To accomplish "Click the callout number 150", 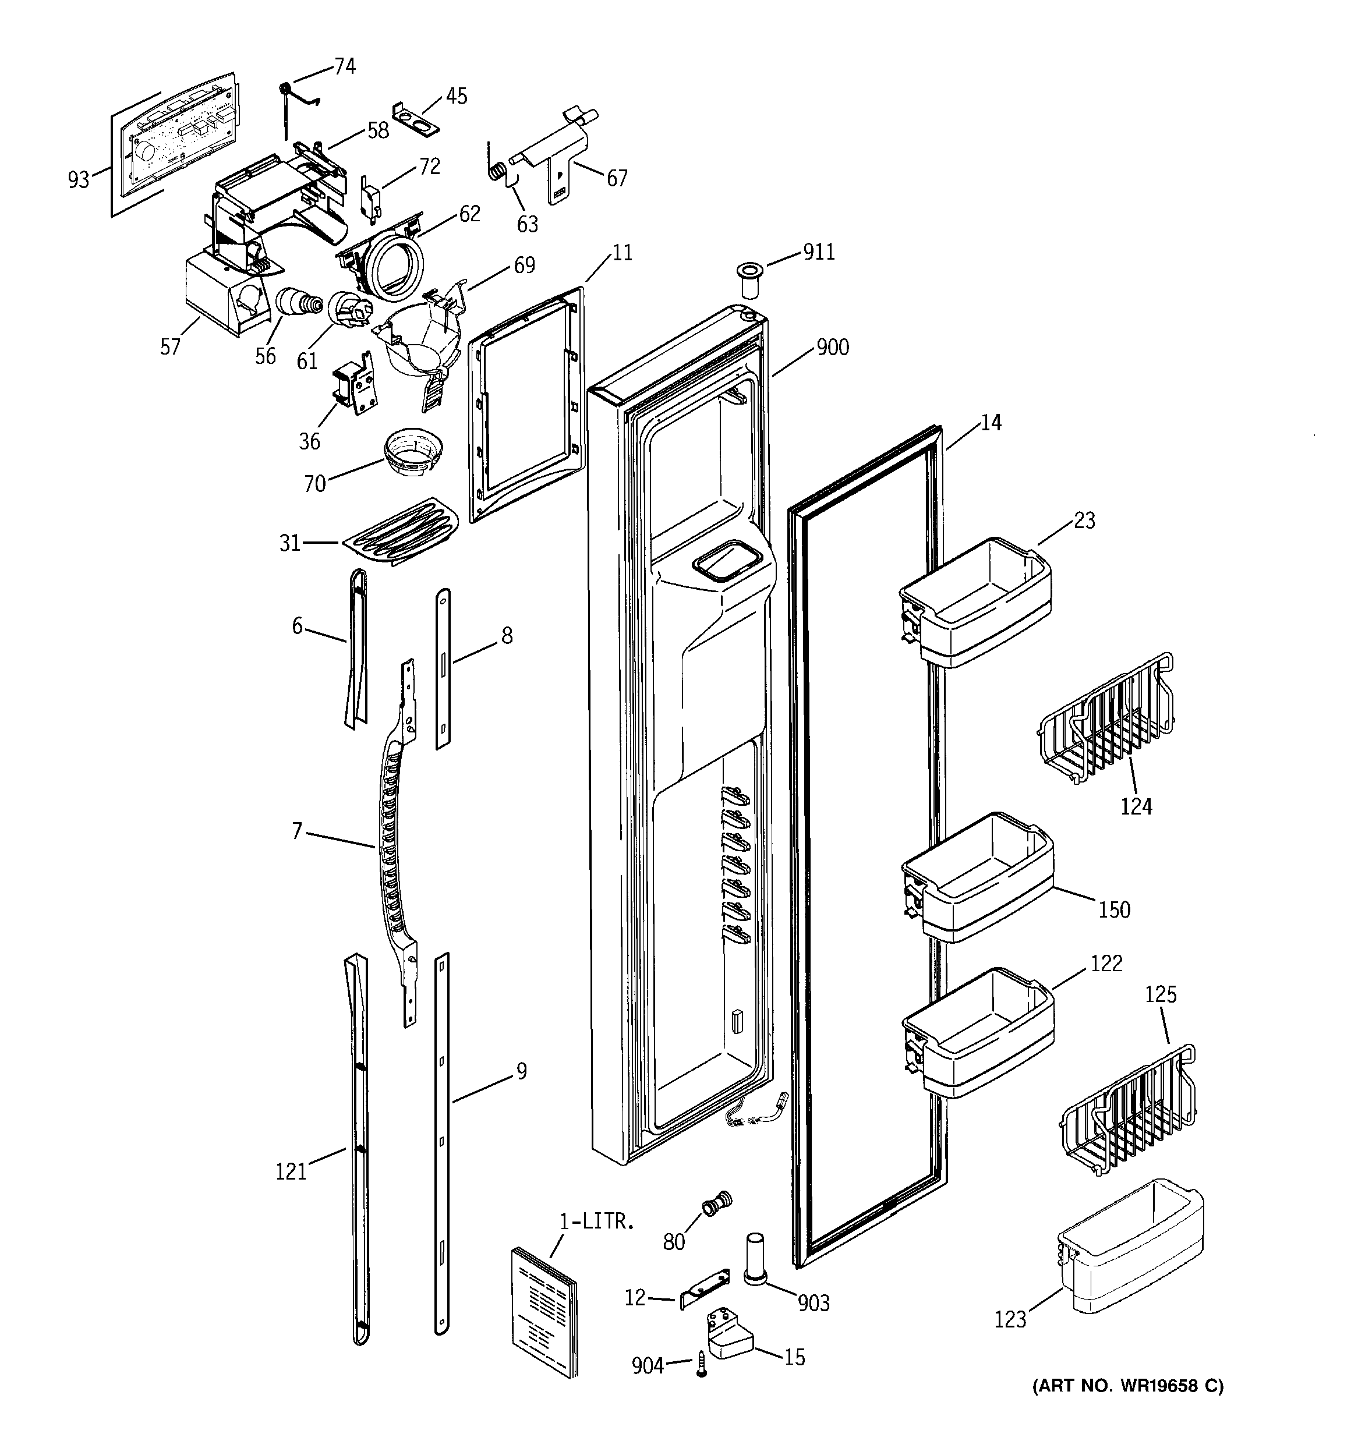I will tap(1114, 909).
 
